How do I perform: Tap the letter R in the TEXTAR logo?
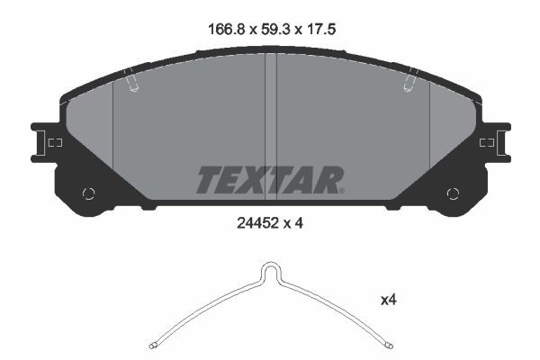326,180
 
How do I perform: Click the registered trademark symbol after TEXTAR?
343,191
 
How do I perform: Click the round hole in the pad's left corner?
88,193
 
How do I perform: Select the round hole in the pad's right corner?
453,193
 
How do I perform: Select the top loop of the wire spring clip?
270,267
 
